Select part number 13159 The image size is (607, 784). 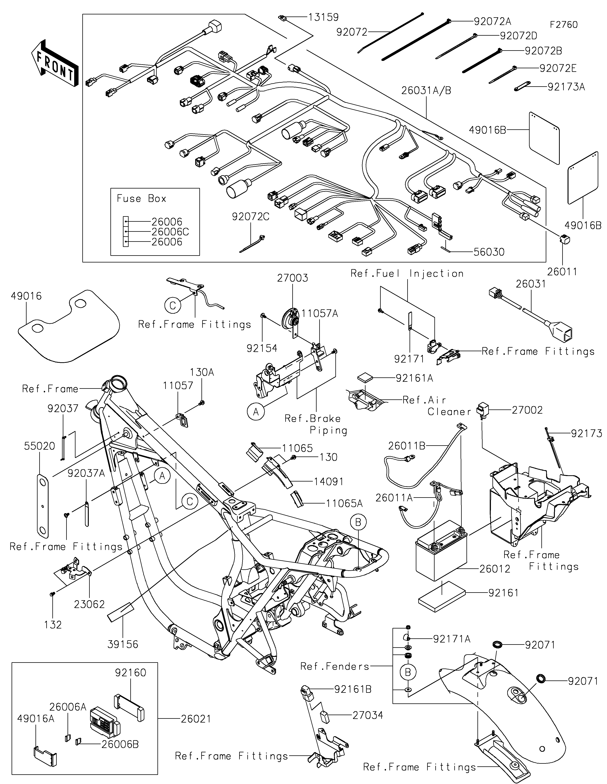[323, 17]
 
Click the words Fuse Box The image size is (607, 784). [142, 199]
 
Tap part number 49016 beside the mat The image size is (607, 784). [26, 296]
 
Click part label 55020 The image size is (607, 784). [39, 446]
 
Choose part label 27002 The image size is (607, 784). [527, 410]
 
